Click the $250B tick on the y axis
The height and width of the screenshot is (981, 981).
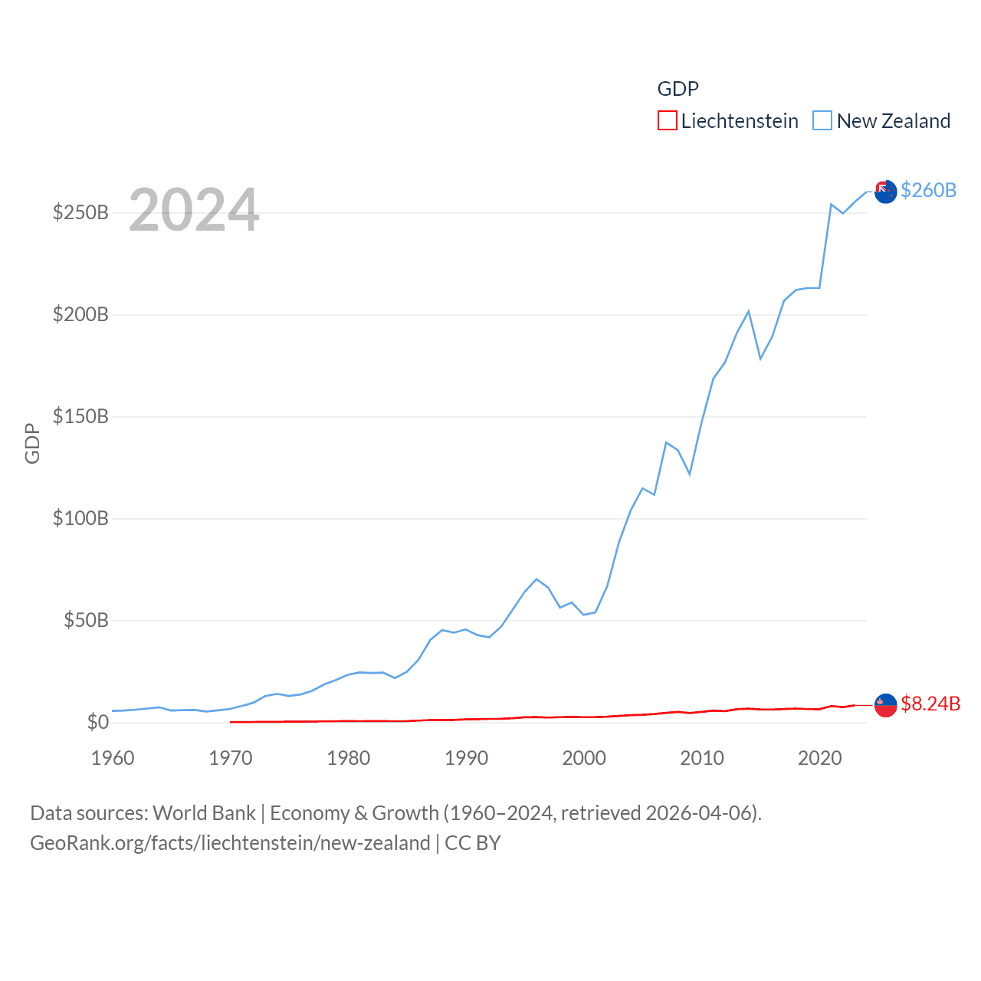[80, 212]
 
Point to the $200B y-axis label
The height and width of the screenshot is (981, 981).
[80, 314]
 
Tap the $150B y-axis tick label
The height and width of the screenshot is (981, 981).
[80, 416]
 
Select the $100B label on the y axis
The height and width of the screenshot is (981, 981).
[80, 518]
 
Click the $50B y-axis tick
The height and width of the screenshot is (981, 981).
[86, 620]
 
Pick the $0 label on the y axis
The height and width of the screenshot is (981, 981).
[97, 722]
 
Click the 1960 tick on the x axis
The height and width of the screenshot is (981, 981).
[113, 758]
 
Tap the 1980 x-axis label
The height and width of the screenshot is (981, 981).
[349, 758]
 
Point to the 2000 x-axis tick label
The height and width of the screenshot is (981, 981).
[584, 758]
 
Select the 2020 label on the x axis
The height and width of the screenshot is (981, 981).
[820, 758]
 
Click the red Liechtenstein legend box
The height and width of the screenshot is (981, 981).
[668, 120]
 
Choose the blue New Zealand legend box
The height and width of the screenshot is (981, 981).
[822, 120]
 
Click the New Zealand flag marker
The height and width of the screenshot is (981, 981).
[885, 192]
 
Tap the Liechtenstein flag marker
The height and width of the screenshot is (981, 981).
[885, 705]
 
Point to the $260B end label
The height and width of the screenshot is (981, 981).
[928, 190]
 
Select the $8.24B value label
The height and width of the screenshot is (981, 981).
[930, 704]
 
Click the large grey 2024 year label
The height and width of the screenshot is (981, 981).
[194, 210]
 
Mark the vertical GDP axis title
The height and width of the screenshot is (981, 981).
[32, 443]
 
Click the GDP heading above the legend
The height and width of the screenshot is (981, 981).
[678, 89]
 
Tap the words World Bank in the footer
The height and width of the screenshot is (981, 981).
[204, 812]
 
